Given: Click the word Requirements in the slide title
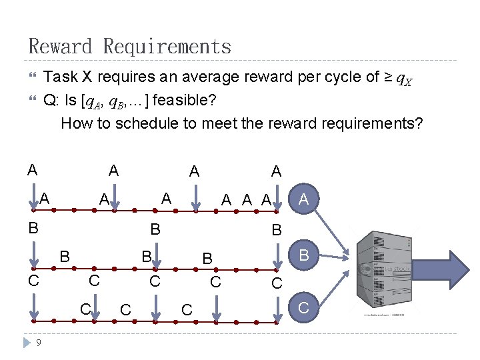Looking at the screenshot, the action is pos(167,47).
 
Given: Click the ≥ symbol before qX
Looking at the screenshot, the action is pos(388,77).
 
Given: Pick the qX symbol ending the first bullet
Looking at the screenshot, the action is pos(404,80).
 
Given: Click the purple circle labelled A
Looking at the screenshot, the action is pos(304,199).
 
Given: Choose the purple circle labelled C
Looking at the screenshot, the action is pos(304,307).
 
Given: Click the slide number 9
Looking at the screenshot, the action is pos(39,343).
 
